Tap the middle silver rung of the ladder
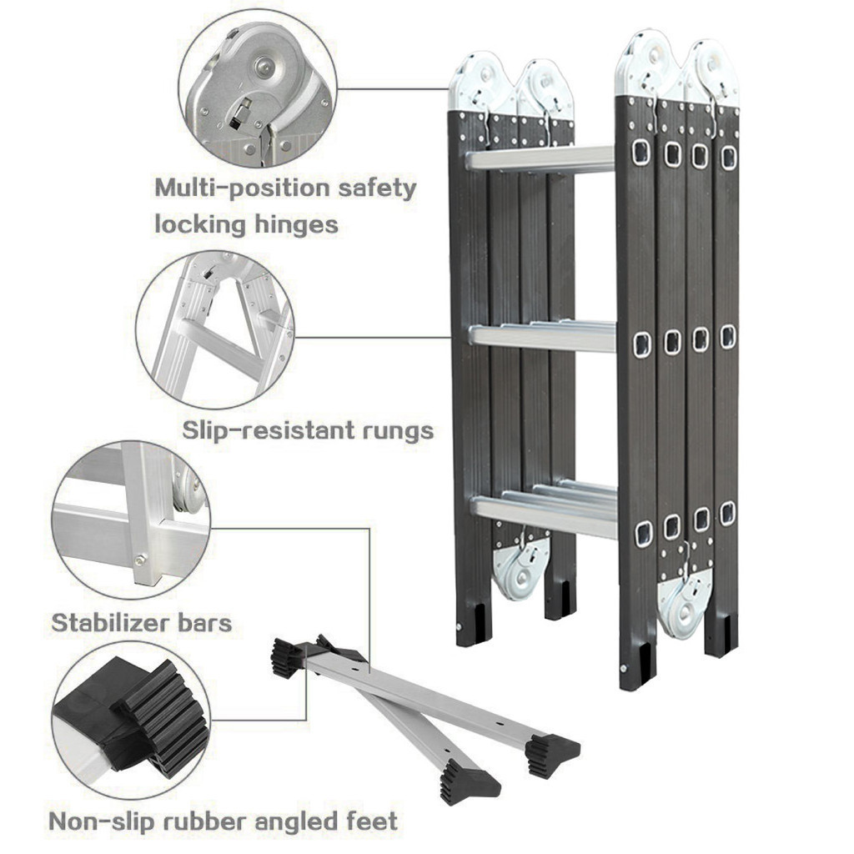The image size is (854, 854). coord(542,335)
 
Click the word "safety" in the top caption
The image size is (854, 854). coord(374,188)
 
